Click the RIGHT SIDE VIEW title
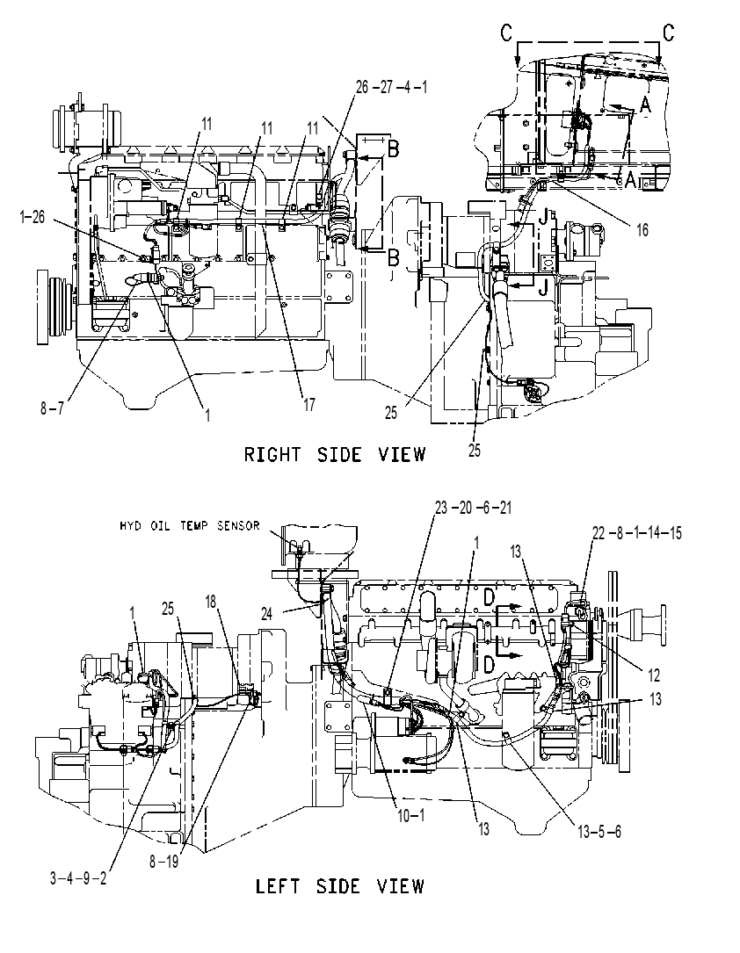[335, 454]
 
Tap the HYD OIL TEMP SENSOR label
[190, 526]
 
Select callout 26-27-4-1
[392, 88]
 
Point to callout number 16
[642, 230]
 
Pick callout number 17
[308, 404]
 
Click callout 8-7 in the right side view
[52, 408]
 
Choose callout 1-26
[33, 216]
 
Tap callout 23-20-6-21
[473, 508]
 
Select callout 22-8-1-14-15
[636, 533]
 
